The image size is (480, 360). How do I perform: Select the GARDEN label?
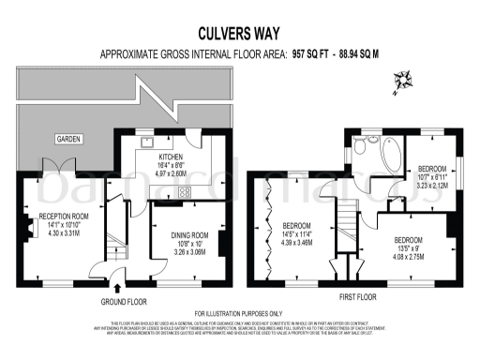[67, 139]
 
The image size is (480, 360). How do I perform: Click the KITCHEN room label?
[172, 157]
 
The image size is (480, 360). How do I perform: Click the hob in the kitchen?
[184, 192]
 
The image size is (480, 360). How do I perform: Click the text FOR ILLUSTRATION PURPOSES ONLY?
[239, 313]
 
